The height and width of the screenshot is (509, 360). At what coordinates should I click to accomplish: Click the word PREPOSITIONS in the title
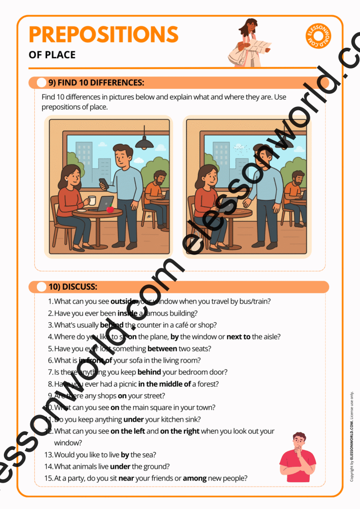tap(103, 34)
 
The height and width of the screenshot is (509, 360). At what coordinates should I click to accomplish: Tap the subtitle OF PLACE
tap(52, 55)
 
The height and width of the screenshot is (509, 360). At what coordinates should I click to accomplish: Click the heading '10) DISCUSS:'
tap(73, 287)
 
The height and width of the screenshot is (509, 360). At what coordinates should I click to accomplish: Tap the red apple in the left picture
tap(110, 209)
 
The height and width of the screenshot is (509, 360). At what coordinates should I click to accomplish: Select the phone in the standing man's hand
tap(102, 182)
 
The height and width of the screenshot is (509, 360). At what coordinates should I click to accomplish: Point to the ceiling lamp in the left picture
tap(144, 143)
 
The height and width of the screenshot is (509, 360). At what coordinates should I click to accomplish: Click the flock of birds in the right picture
tap(240, 148)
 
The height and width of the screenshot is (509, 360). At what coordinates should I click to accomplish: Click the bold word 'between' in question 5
tap(162, 348)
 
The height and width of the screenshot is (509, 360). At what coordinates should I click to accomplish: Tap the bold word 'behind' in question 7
tap(149, 372)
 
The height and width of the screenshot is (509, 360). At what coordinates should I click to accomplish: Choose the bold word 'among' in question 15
tap(194, 478)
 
